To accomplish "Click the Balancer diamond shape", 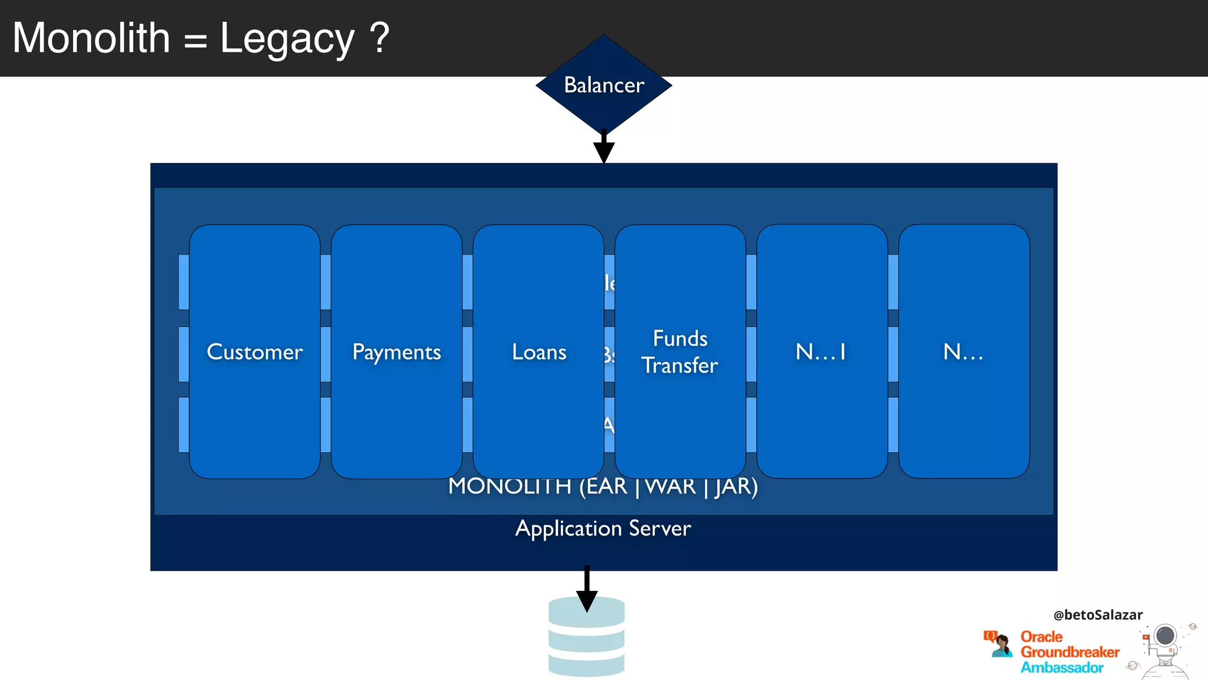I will point(603,84).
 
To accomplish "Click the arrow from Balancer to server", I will point(603,148).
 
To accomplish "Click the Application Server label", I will point(603,528).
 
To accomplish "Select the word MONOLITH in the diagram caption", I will point(510,487).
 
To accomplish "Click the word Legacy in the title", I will point(287,39).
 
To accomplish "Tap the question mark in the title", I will point(380,38).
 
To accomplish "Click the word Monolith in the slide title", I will point(91,38).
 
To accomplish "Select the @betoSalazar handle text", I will point(1098,615).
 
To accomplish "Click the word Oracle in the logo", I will point(1042,637).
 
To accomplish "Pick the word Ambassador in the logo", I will point(1062,668).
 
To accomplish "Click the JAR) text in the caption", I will point(736,487).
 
